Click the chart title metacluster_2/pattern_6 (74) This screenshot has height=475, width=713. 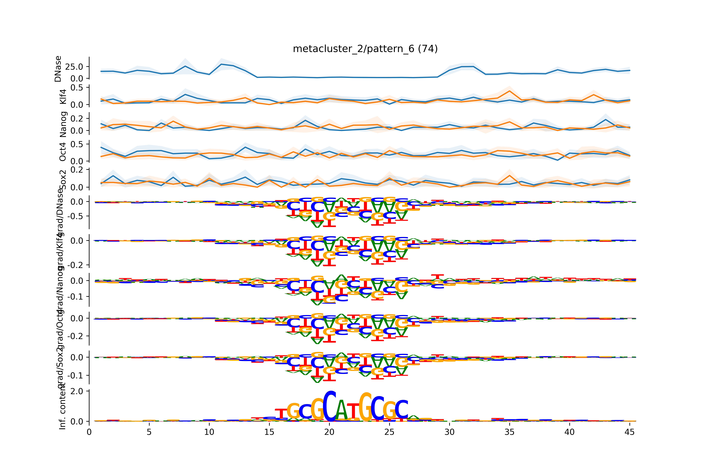365,49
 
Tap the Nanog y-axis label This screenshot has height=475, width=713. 63,124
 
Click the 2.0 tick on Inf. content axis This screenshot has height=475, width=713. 77,391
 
